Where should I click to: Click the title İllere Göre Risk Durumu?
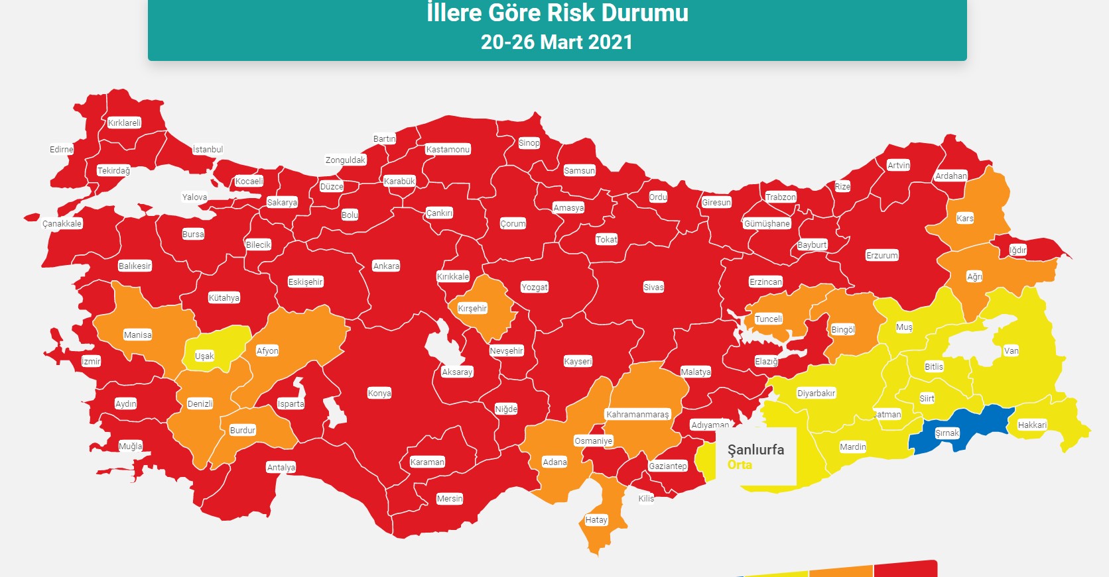click(557, 13)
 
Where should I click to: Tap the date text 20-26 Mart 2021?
click(556, 42)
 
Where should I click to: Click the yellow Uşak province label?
click(204, 356)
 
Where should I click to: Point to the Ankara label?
click(386, 266)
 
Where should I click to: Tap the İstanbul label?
click(208, 150)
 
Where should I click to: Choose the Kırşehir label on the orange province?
click(472, 309)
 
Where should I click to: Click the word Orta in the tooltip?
click(740, 465)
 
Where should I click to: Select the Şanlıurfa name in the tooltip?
click(755, 450)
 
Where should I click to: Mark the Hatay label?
click(596, 520)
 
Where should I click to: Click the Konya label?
click(379, 393)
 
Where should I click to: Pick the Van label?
click(1011, 351)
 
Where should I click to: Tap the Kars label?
click(965, 219)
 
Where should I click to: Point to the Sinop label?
click(529, 143)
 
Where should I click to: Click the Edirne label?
click(61, 150)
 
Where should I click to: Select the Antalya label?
click(281, 468)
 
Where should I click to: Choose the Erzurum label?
click(882, 256)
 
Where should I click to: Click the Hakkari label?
click(1032, 425)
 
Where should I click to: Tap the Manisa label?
click(137, 335)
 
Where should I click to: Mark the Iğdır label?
click(1018, 250)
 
